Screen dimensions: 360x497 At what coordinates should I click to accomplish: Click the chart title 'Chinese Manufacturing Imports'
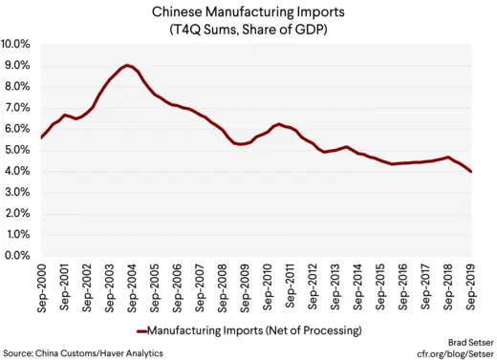tap(248, 11)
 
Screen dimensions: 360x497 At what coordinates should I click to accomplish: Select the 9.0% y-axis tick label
tap(18, 66)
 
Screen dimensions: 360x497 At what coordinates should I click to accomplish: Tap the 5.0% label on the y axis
tap(18, 151)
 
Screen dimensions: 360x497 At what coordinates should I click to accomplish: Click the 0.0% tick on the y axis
tap(18, 256)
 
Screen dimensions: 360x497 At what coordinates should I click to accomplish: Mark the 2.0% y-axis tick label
tap(18, 214)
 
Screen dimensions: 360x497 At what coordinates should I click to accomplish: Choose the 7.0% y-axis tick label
tap(18, 108)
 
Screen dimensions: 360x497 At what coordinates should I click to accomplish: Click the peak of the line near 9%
tap(127, 65)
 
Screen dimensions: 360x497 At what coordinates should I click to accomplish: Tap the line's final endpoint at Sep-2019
tap(471, 172)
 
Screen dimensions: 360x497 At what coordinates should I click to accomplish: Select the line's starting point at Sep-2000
tap(41, 138)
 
